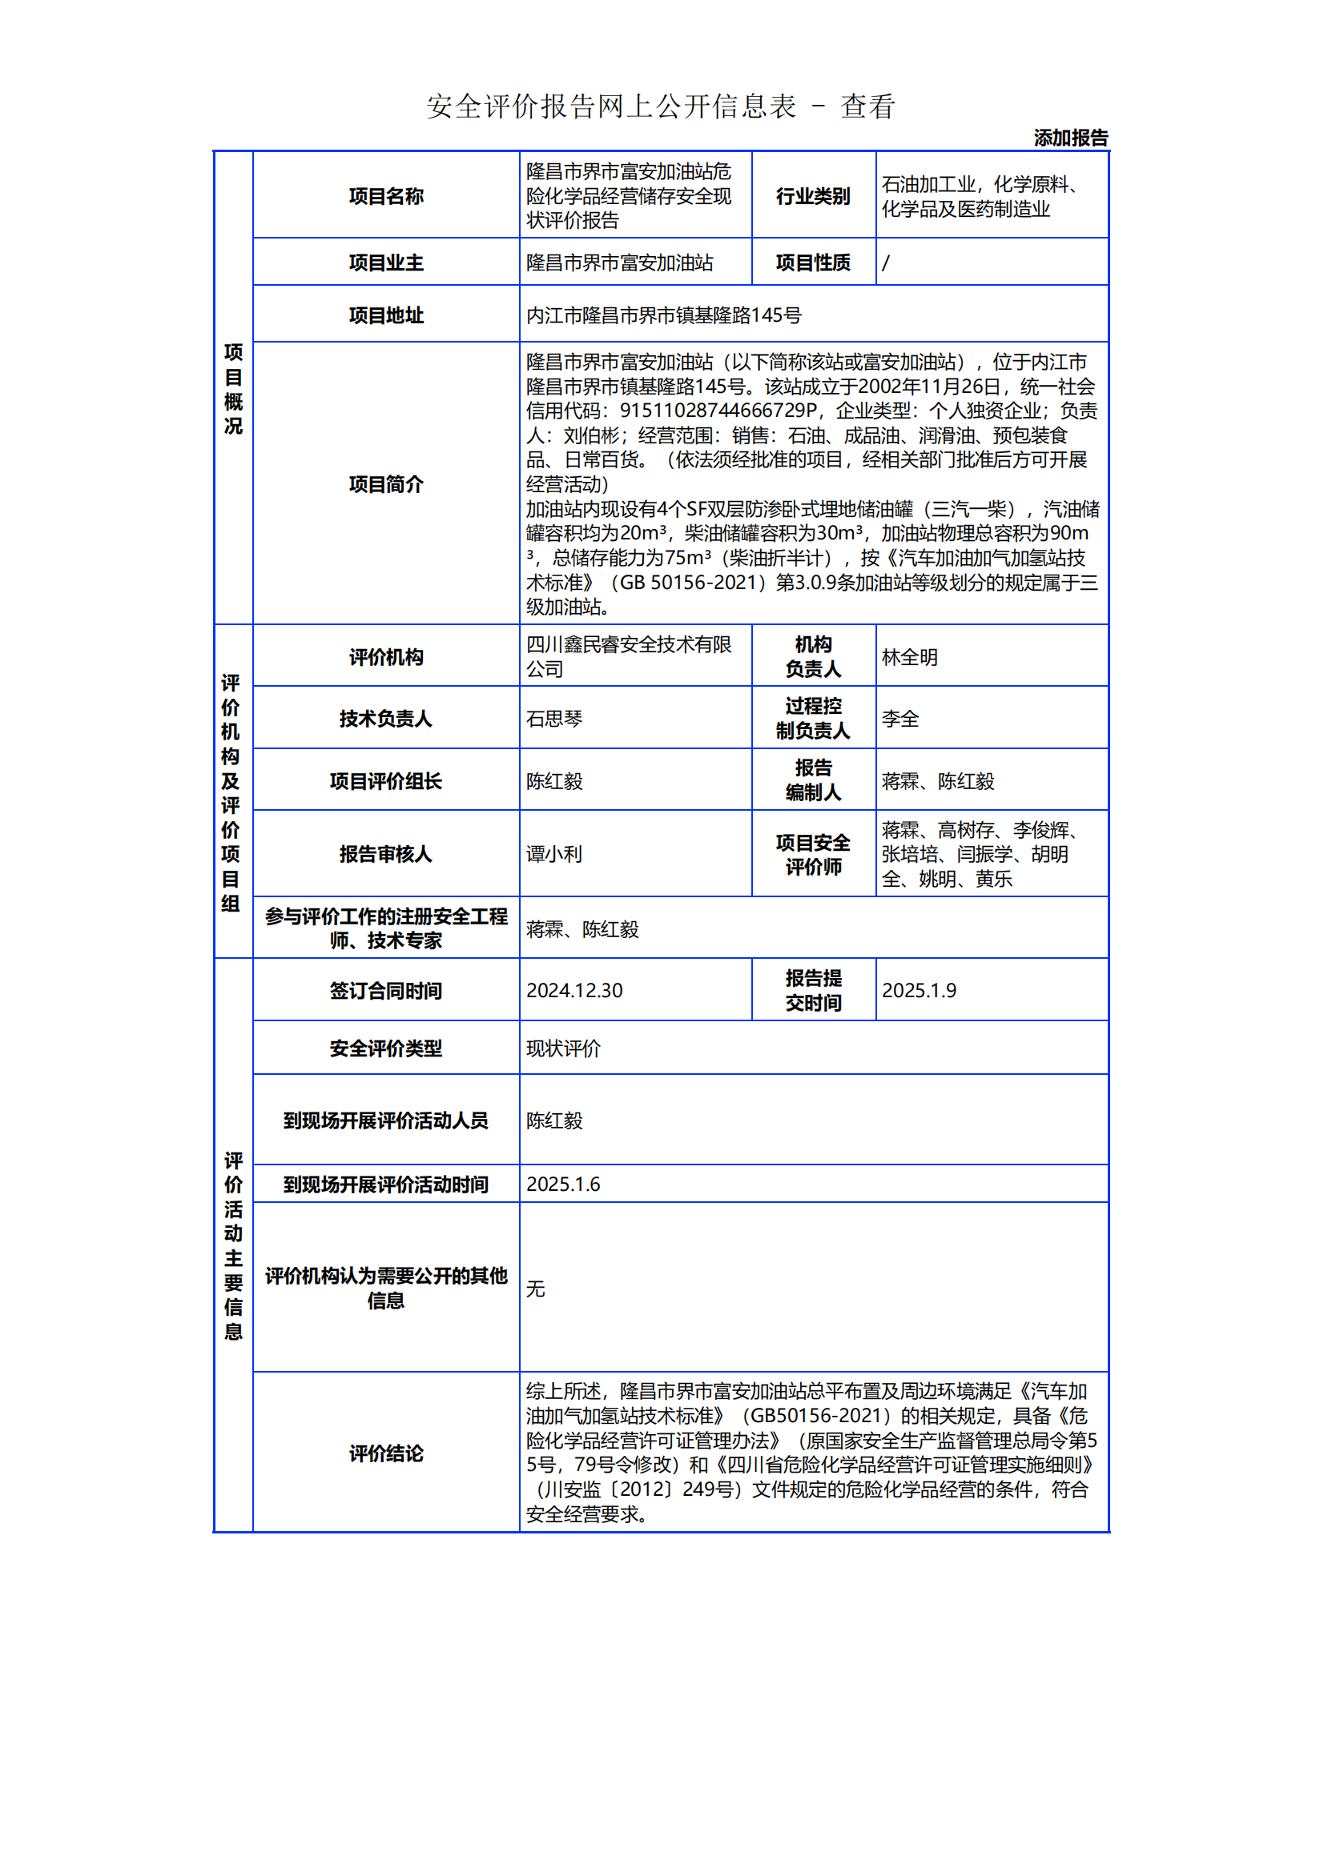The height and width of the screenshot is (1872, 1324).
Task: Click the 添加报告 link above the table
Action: click(1070, 138)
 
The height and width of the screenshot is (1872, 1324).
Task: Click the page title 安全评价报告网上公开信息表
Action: click(611, 106)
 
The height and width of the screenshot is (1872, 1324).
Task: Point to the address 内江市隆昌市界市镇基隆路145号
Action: click(663, 315)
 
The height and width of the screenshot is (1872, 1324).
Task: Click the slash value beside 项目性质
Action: click(886, 263)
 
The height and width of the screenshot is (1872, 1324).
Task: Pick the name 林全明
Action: click(910, 657)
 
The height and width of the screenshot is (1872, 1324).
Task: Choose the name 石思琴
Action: click(554, 718)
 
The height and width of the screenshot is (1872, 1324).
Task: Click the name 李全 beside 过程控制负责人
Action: click(899, 718)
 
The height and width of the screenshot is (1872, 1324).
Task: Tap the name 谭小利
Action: click(554, 854)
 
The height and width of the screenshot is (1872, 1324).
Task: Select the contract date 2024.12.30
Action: click(573, 990)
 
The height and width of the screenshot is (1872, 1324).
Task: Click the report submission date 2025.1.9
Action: click(919, 990)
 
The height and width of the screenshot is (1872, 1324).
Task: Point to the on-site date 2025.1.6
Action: click(563, 1184)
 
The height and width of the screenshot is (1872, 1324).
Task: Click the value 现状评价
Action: click(563, 1048)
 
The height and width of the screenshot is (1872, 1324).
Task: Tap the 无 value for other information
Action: click(535, 1289)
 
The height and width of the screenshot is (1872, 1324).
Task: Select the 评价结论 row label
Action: click(386, 1453)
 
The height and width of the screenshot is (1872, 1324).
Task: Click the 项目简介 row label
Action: click(386, 484)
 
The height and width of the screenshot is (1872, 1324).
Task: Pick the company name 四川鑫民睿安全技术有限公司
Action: click(628, 656)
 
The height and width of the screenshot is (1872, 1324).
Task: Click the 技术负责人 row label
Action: click(386, 718)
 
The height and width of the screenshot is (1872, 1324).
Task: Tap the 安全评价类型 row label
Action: click(386, 1048)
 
